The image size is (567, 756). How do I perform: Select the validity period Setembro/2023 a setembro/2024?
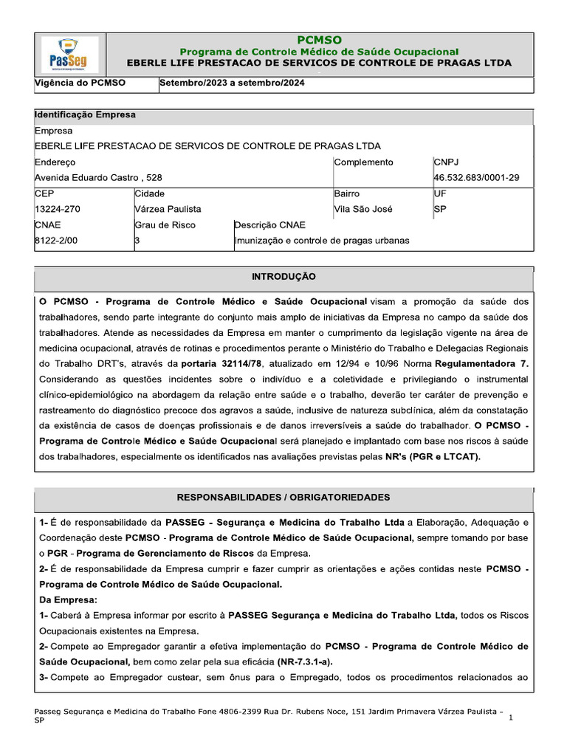point(233,83)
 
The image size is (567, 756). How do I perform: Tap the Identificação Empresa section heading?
point(85,115)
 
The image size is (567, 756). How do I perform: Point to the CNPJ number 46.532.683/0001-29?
point(476,178)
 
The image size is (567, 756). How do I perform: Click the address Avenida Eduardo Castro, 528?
point(99,178)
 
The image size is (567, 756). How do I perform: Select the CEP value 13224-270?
point(58,209)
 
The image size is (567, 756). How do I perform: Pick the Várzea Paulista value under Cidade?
point(168,209)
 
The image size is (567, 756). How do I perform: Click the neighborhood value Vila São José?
point(363,209)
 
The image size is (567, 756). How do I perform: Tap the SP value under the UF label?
point(441,209)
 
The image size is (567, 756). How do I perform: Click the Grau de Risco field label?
point(165,224)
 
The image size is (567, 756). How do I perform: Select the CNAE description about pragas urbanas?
point(322,240)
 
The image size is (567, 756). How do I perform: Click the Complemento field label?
point(364,162)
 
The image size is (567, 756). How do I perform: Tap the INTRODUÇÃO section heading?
point(283,277)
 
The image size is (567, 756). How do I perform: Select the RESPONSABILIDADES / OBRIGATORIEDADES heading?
point(283,498)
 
